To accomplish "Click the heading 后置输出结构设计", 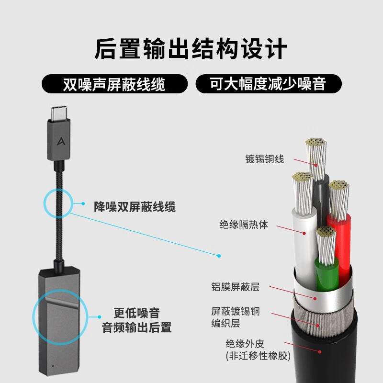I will pos(191,50).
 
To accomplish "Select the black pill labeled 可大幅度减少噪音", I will pos(268,84).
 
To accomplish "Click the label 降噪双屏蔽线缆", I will pos(135,207).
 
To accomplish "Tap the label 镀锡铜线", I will pos(264,159).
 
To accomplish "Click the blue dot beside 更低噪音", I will pos(99,316).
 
